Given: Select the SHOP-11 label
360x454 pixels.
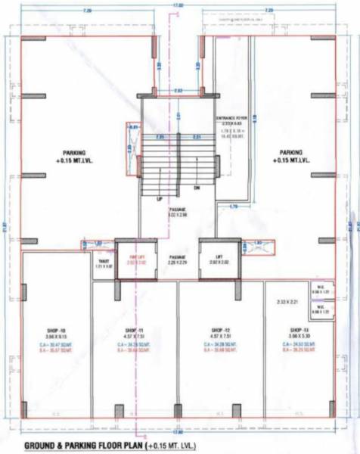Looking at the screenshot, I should coord(134,331).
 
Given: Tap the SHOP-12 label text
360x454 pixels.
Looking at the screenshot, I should coord(222,331).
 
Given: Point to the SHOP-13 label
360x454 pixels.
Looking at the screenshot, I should coord(300,331).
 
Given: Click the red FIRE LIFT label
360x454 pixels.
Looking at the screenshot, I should coord(136,259).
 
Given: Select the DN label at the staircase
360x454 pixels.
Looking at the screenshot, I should coord(197,188).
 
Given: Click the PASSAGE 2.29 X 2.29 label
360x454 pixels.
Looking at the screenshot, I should coord(178,259).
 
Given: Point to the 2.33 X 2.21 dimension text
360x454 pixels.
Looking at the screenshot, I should coord(288,303).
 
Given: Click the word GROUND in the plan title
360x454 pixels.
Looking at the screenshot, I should coord(46,446).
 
